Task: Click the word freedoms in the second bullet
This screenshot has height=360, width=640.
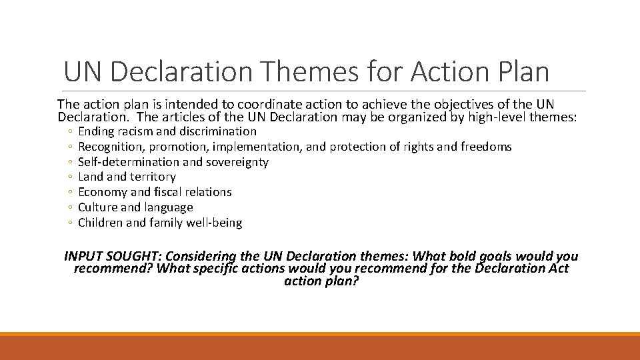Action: point(486,146)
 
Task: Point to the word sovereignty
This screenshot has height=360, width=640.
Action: point(237,161)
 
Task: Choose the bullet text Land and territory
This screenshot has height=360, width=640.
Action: point(127,177)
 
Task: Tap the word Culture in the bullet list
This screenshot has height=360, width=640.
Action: point(97,207)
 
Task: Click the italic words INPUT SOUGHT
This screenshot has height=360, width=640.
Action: point(113,257)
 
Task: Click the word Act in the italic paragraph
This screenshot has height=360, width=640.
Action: point(558,269)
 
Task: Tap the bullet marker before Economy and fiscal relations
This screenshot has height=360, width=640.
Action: point(70,192)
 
